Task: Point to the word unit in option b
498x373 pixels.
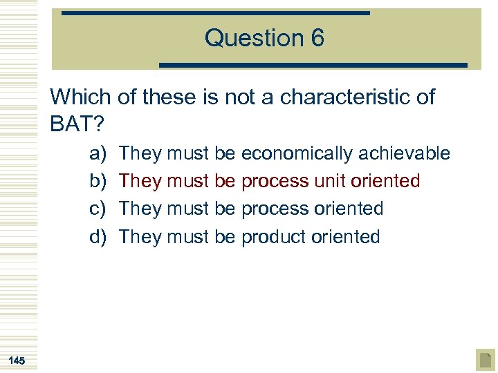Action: click(x=330, y=181)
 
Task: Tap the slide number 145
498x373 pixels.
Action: click(x=18, y=361)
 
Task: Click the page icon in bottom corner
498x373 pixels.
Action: click(x=486, y=360)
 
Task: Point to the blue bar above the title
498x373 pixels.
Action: click(x=215, y=13)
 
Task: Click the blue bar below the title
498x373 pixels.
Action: click(x=313, y=65)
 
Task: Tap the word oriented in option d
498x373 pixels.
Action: click(x=346, y=237)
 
